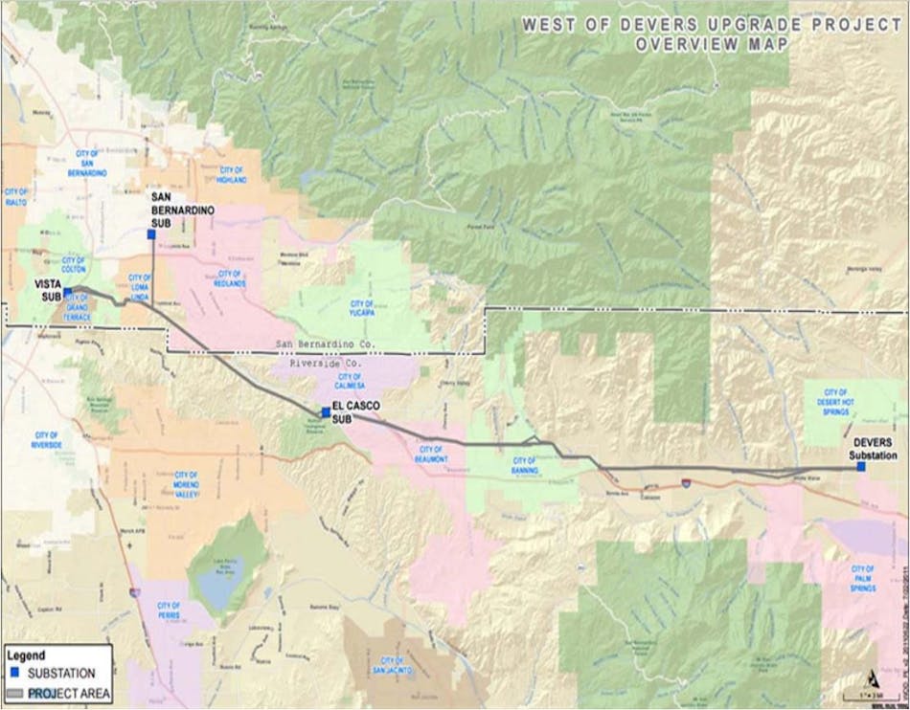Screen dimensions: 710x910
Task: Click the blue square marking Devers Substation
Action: click(x=861, y=440)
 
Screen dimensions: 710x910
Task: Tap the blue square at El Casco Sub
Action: click(x=326, y=412)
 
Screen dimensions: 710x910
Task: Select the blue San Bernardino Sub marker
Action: click(x=150, y=233)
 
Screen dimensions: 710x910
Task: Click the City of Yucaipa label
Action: click(x=362, y=309)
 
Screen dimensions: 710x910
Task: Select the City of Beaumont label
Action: click(x=431, y=454)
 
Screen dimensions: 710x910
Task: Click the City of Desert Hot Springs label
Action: click(x=836, y=399)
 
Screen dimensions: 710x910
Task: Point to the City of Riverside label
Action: click(x=46, y=440)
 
